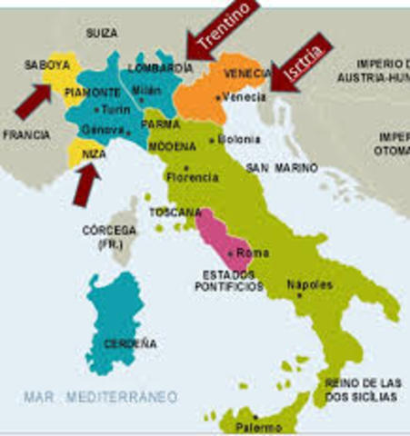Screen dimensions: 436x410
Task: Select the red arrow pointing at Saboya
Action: pos(33,100)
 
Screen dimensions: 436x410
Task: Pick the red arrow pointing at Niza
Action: pos(85,183)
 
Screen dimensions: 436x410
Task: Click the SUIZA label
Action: pos(102,33)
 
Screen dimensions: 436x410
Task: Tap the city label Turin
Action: pos(115,110)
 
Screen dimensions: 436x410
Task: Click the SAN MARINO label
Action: pos(282,169)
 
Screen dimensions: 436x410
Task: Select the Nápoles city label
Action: pos(309,284)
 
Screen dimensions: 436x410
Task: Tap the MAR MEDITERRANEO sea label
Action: pos(101,397)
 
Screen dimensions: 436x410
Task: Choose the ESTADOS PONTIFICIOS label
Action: pos(227,280)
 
